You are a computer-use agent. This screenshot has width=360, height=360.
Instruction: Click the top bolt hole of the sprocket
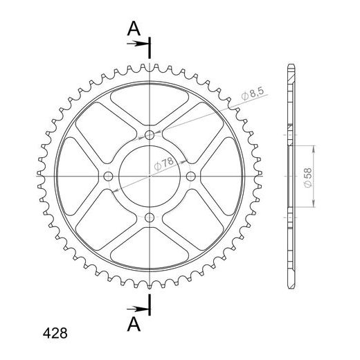click(x=150, y=135)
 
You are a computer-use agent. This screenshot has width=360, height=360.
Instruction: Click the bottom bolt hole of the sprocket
click(x=150, y=217)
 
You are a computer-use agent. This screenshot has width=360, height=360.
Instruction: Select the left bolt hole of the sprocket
click(x=108, y=177)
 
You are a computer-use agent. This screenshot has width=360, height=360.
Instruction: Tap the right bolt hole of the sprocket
click(x=190, y=177)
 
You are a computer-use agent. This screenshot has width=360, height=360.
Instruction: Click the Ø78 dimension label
click(x=163, y=163)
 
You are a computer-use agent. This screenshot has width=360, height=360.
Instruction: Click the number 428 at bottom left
click(x=55, y=333)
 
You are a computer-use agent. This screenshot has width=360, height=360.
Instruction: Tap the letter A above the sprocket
click(x=134, y=28)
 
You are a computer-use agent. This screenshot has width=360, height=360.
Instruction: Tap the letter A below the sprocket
click(x=134, y=324)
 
